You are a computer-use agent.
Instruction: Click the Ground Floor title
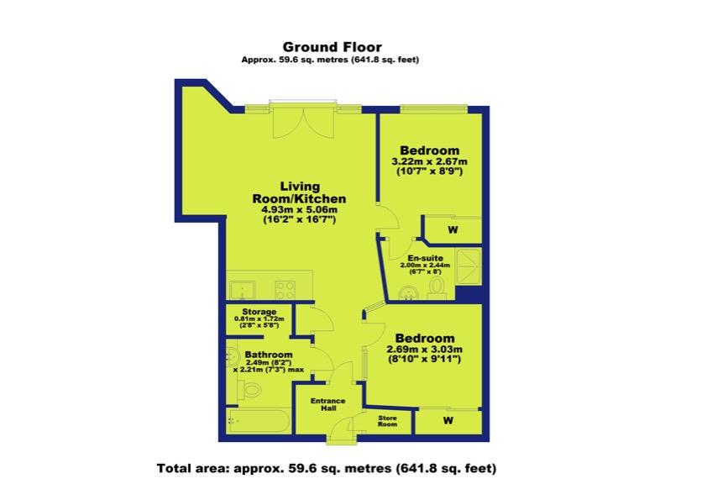tap(333, 47)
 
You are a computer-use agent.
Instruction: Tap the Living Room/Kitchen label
tap(300, 192)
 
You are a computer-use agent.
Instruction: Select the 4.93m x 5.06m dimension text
tap(300, 210)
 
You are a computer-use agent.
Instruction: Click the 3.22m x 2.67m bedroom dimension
tap(430, 161)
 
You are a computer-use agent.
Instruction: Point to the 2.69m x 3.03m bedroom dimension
tap(425, 350)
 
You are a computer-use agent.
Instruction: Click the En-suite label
tap(425, 258)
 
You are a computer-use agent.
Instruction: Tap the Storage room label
tap(259, 312)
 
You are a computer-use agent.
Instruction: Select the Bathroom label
tap(269, 355)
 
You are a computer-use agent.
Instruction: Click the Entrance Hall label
tap(328, 404)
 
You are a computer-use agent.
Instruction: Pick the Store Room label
tap(387, 421)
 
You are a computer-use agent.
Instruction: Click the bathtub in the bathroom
tap(259, 422)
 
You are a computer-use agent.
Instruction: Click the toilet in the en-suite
tap(436, 288)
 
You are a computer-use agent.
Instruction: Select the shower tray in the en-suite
tap(469, 266)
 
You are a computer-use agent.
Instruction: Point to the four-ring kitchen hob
tap(285, 290)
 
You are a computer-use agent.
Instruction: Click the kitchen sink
tap(242, 290)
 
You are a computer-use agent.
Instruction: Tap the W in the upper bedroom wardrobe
tap(453, 229)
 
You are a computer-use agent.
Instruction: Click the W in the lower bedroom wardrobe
tap(448, 420)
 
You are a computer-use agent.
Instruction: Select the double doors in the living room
tap(303, 123)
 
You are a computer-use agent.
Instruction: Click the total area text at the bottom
tap(327, 468)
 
